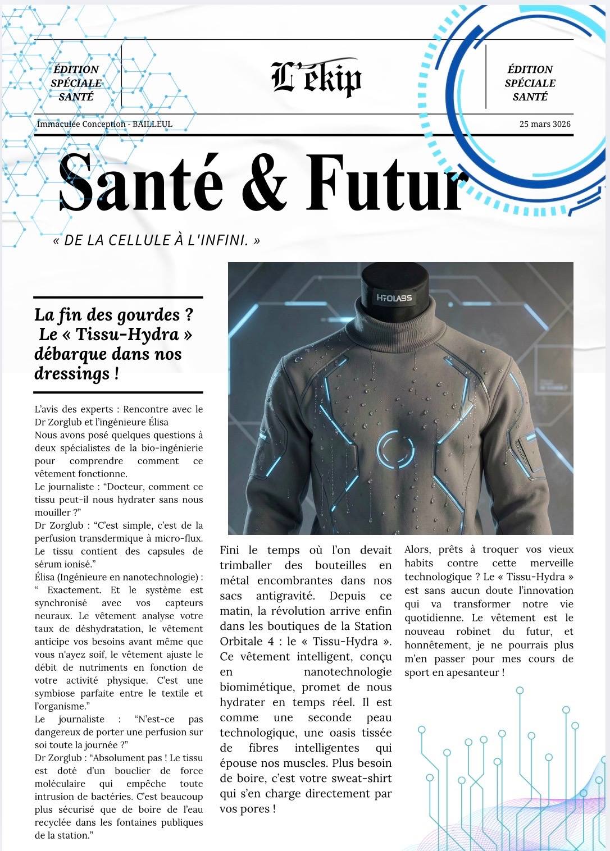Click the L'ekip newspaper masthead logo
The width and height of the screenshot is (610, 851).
tap(316, 79)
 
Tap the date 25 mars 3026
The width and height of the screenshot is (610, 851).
tap(545, 124)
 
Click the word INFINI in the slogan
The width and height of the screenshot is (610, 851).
tap(222, 240)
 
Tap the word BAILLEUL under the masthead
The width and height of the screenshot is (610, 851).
tap(152, 124)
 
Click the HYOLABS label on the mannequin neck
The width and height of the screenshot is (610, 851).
tap(394, 298)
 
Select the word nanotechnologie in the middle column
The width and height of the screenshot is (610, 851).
tap(348, 672)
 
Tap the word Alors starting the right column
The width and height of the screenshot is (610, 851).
tap(417, 550)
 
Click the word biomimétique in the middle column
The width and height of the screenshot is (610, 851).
tap(257, 687)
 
